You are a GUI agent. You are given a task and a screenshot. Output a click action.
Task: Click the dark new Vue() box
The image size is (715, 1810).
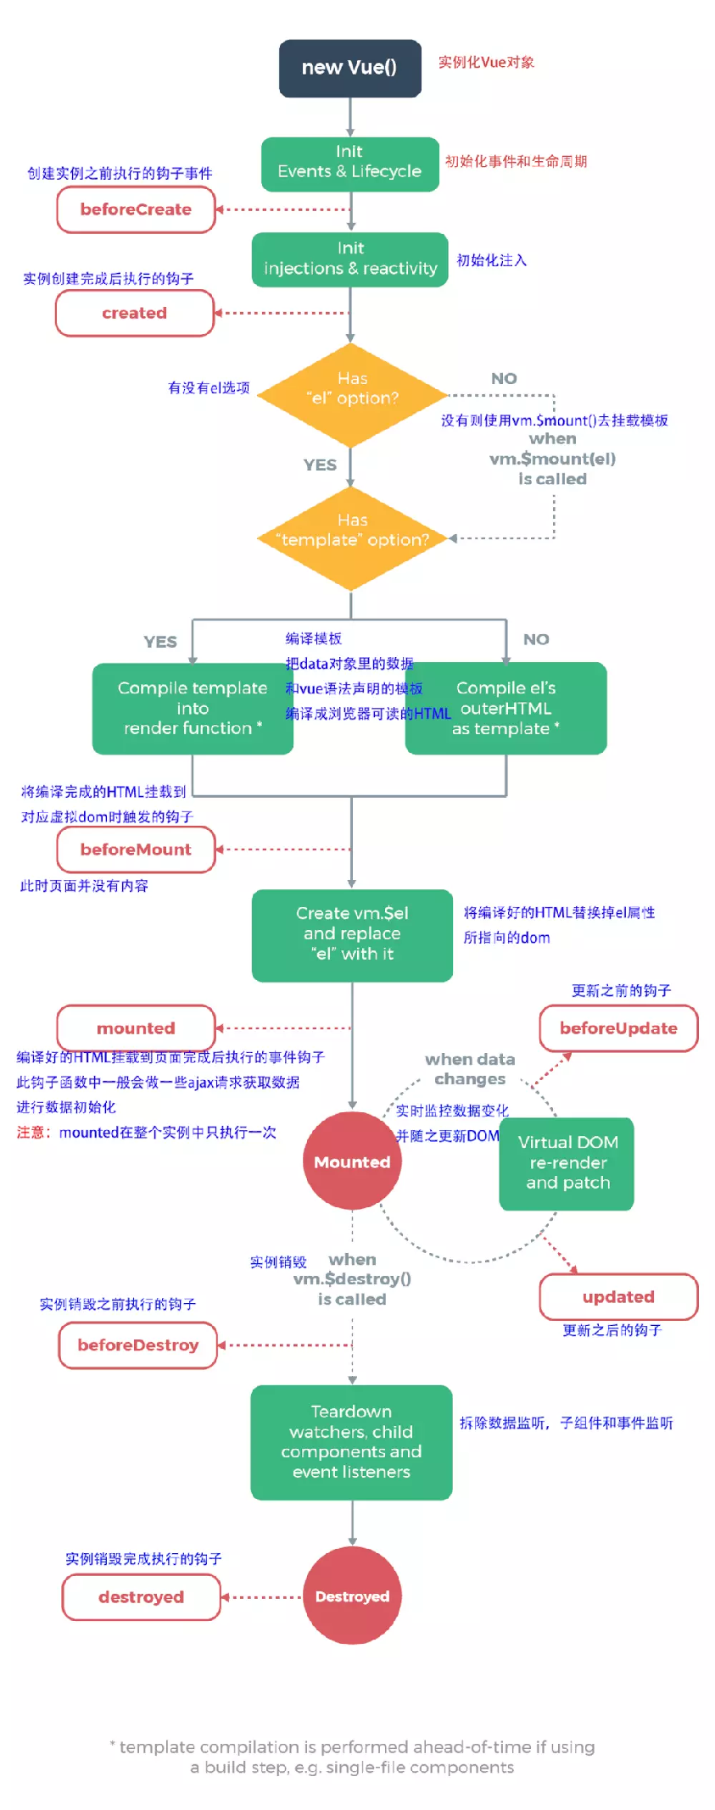[349, 68]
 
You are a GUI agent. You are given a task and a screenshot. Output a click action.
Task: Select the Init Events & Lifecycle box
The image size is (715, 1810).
[349, 163]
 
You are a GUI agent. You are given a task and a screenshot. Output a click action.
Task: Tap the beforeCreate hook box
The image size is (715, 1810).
[136, 209]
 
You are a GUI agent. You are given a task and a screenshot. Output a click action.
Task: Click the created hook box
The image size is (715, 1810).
[134, 313]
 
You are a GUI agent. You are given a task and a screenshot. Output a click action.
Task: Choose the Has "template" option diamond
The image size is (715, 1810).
[351, 537]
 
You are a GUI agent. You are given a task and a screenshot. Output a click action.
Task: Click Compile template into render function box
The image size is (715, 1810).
[192, 708]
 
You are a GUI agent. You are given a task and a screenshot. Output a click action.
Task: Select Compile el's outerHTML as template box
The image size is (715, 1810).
[506, 708]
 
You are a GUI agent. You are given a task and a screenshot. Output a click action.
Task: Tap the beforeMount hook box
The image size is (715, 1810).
[136, 849]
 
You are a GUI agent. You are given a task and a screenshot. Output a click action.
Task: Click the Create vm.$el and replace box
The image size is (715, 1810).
[352, 934]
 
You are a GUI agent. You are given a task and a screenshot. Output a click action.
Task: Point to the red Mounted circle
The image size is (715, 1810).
[352, 1161]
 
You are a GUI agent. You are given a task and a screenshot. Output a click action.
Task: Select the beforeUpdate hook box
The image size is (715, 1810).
[618, 1028]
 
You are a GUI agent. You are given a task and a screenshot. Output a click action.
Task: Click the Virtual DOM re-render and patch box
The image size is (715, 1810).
[567, 1162]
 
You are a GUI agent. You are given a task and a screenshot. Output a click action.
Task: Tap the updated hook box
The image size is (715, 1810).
[618, 1297]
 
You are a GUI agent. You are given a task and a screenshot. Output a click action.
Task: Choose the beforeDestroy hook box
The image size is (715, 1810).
[137, 1345]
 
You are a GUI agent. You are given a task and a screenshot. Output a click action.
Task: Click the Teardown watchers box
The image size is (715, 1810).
[351, 1442]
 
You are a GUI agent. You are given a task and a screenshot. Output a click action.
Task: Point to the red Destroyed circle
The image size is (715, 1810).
[352, 1596]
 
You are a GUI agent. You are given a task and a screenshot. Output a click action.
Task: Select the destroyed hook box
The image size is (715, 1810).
[141, 1597]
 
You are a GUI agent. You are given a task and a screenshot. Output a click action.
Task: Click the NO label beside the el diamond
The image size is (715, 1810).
[504, 379]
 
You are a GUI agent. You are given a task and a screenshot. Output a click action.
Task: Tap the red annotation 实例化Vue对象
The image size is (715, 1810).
[485, 62]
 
